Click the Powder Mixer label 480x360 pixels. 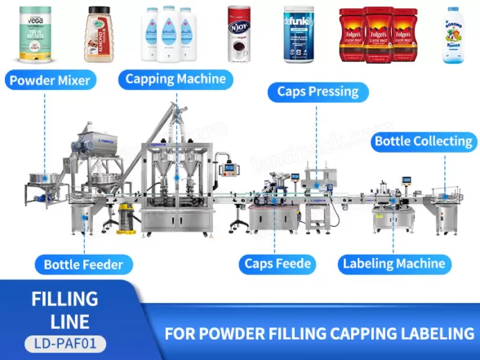[x=50, y=80]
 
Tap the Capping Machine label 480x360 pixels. [x=176, y=79]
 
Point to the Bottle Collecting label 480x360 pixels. [x=424, y=141]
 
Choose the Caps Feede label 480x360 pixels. [x=277, y=264]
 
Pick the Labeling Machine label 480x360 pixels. [x=393, y=264]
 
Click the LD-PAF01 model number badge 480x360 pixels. [x=65, y=344]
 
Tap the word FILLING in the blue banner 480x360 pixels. [x=64, y=299]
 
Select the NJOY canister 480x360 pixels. [x=239, y=35]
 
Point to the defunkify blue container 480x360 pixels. [x=298, y=37]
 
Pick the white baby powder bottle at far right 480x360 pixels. [x=451, y=35]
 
